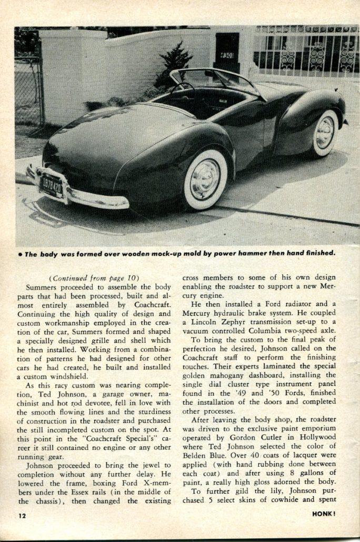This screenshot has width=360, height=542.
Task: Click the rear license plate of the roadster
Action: coord(51,185)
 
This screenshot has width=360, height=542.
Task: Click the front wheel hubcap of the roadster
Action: coord(325,133)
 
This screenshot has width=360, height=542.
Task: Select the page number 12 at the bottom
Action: coord(21,515)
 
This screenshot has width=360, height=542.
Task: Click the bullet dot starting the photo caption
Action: coord(19,254)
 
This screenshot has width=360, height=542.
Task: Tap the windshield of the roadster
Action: coord(221,79)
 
